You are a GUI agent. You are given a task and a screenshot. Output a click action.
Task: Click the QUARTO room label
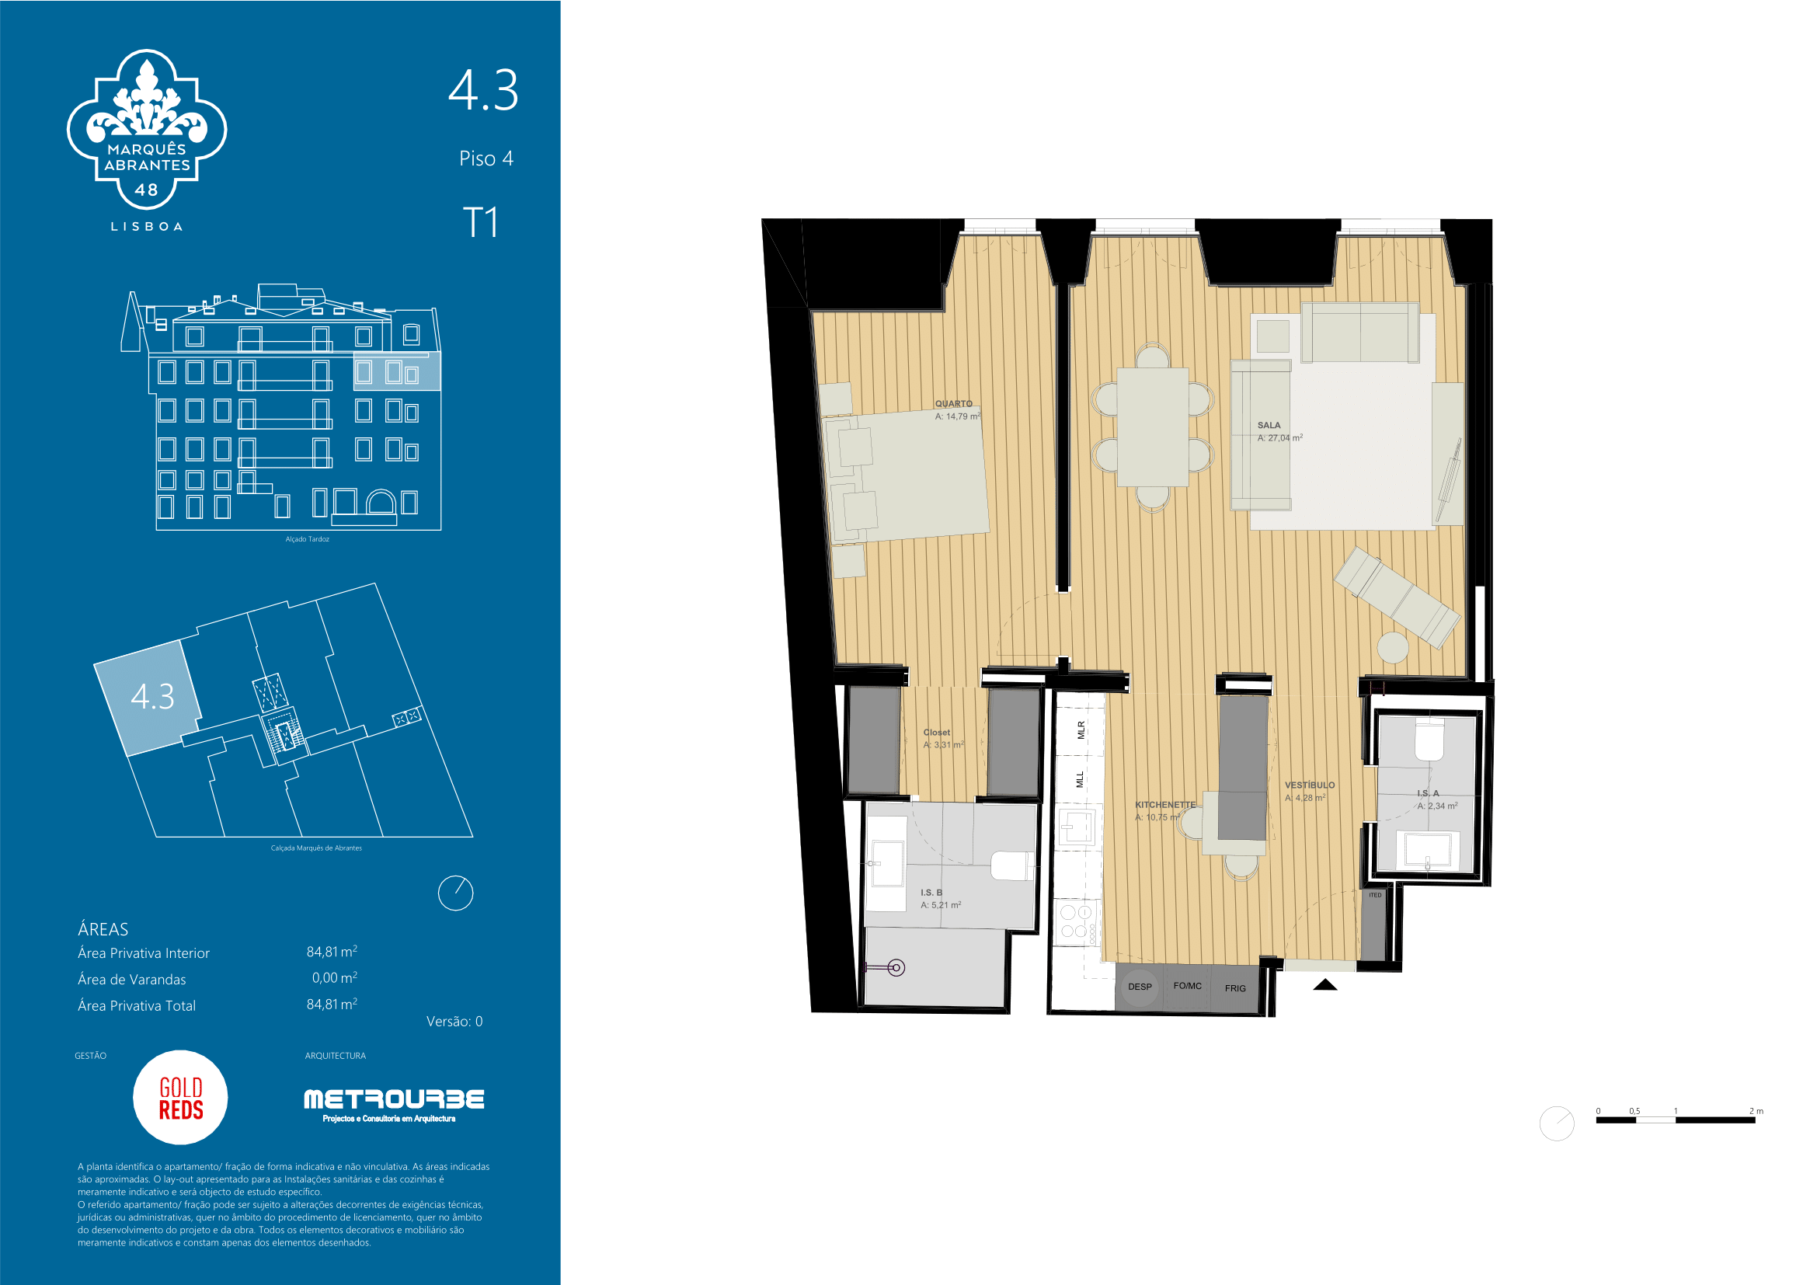(x=954, y=403)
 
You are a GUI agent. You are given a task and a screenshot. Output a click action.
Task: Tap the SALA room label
(x=1269, y=425)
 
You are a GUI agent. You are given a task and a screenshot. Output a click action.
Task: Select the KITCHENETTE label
(x=1165, y=805)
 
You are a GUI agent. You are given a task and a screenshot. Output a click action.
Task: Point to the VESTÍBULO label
(x=1310, y=785)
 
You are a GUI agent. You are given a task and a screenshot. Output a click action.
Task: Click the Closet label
(x=936, y=732)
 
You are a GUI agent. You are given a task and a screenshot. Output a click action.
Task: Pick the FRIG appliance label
(x=1235, y=988)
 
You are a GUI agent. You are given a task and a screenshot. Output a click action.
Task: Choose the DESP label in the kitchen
(x=1140, y=987)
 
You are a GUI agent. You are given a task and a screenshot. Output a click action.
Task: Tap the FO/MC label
(x=1187, y=986)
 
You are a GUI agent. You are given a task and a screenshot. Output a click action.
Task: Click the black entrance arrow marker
(x=1324, y=985)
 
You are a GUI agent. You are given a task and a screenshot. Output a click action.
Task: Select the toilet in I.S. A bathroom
(x=1429, y=739)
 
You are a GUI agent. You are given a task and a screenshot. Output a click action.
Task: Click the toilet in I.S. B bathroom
(x=1012, y=865)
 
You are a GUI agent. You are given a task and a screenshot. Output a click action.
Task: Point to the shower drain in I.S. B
(x=896, y=967)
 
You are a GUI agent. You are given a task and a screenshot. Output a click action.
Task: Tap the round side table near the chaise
(x=1393, y=648)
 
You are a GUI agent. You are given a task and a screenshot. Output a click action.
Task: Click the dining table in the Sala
(x=1152, y=427)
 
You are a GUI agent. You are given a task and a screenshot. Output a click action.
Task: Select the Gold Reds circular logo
(x=180, y=1098)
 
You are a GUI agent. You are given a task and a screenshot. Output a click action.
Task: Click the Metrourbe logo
(x=393, y=1104)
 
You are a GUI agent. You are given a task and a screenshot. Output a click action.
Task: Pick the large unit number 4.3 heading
(x=483, y=90)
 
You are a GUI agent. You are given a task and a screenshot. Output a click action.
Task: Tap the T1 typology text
(x=480, y=222)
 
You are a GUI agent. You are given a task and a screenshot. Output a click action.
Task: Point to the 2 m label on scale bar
(x=1756, y=1111)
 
